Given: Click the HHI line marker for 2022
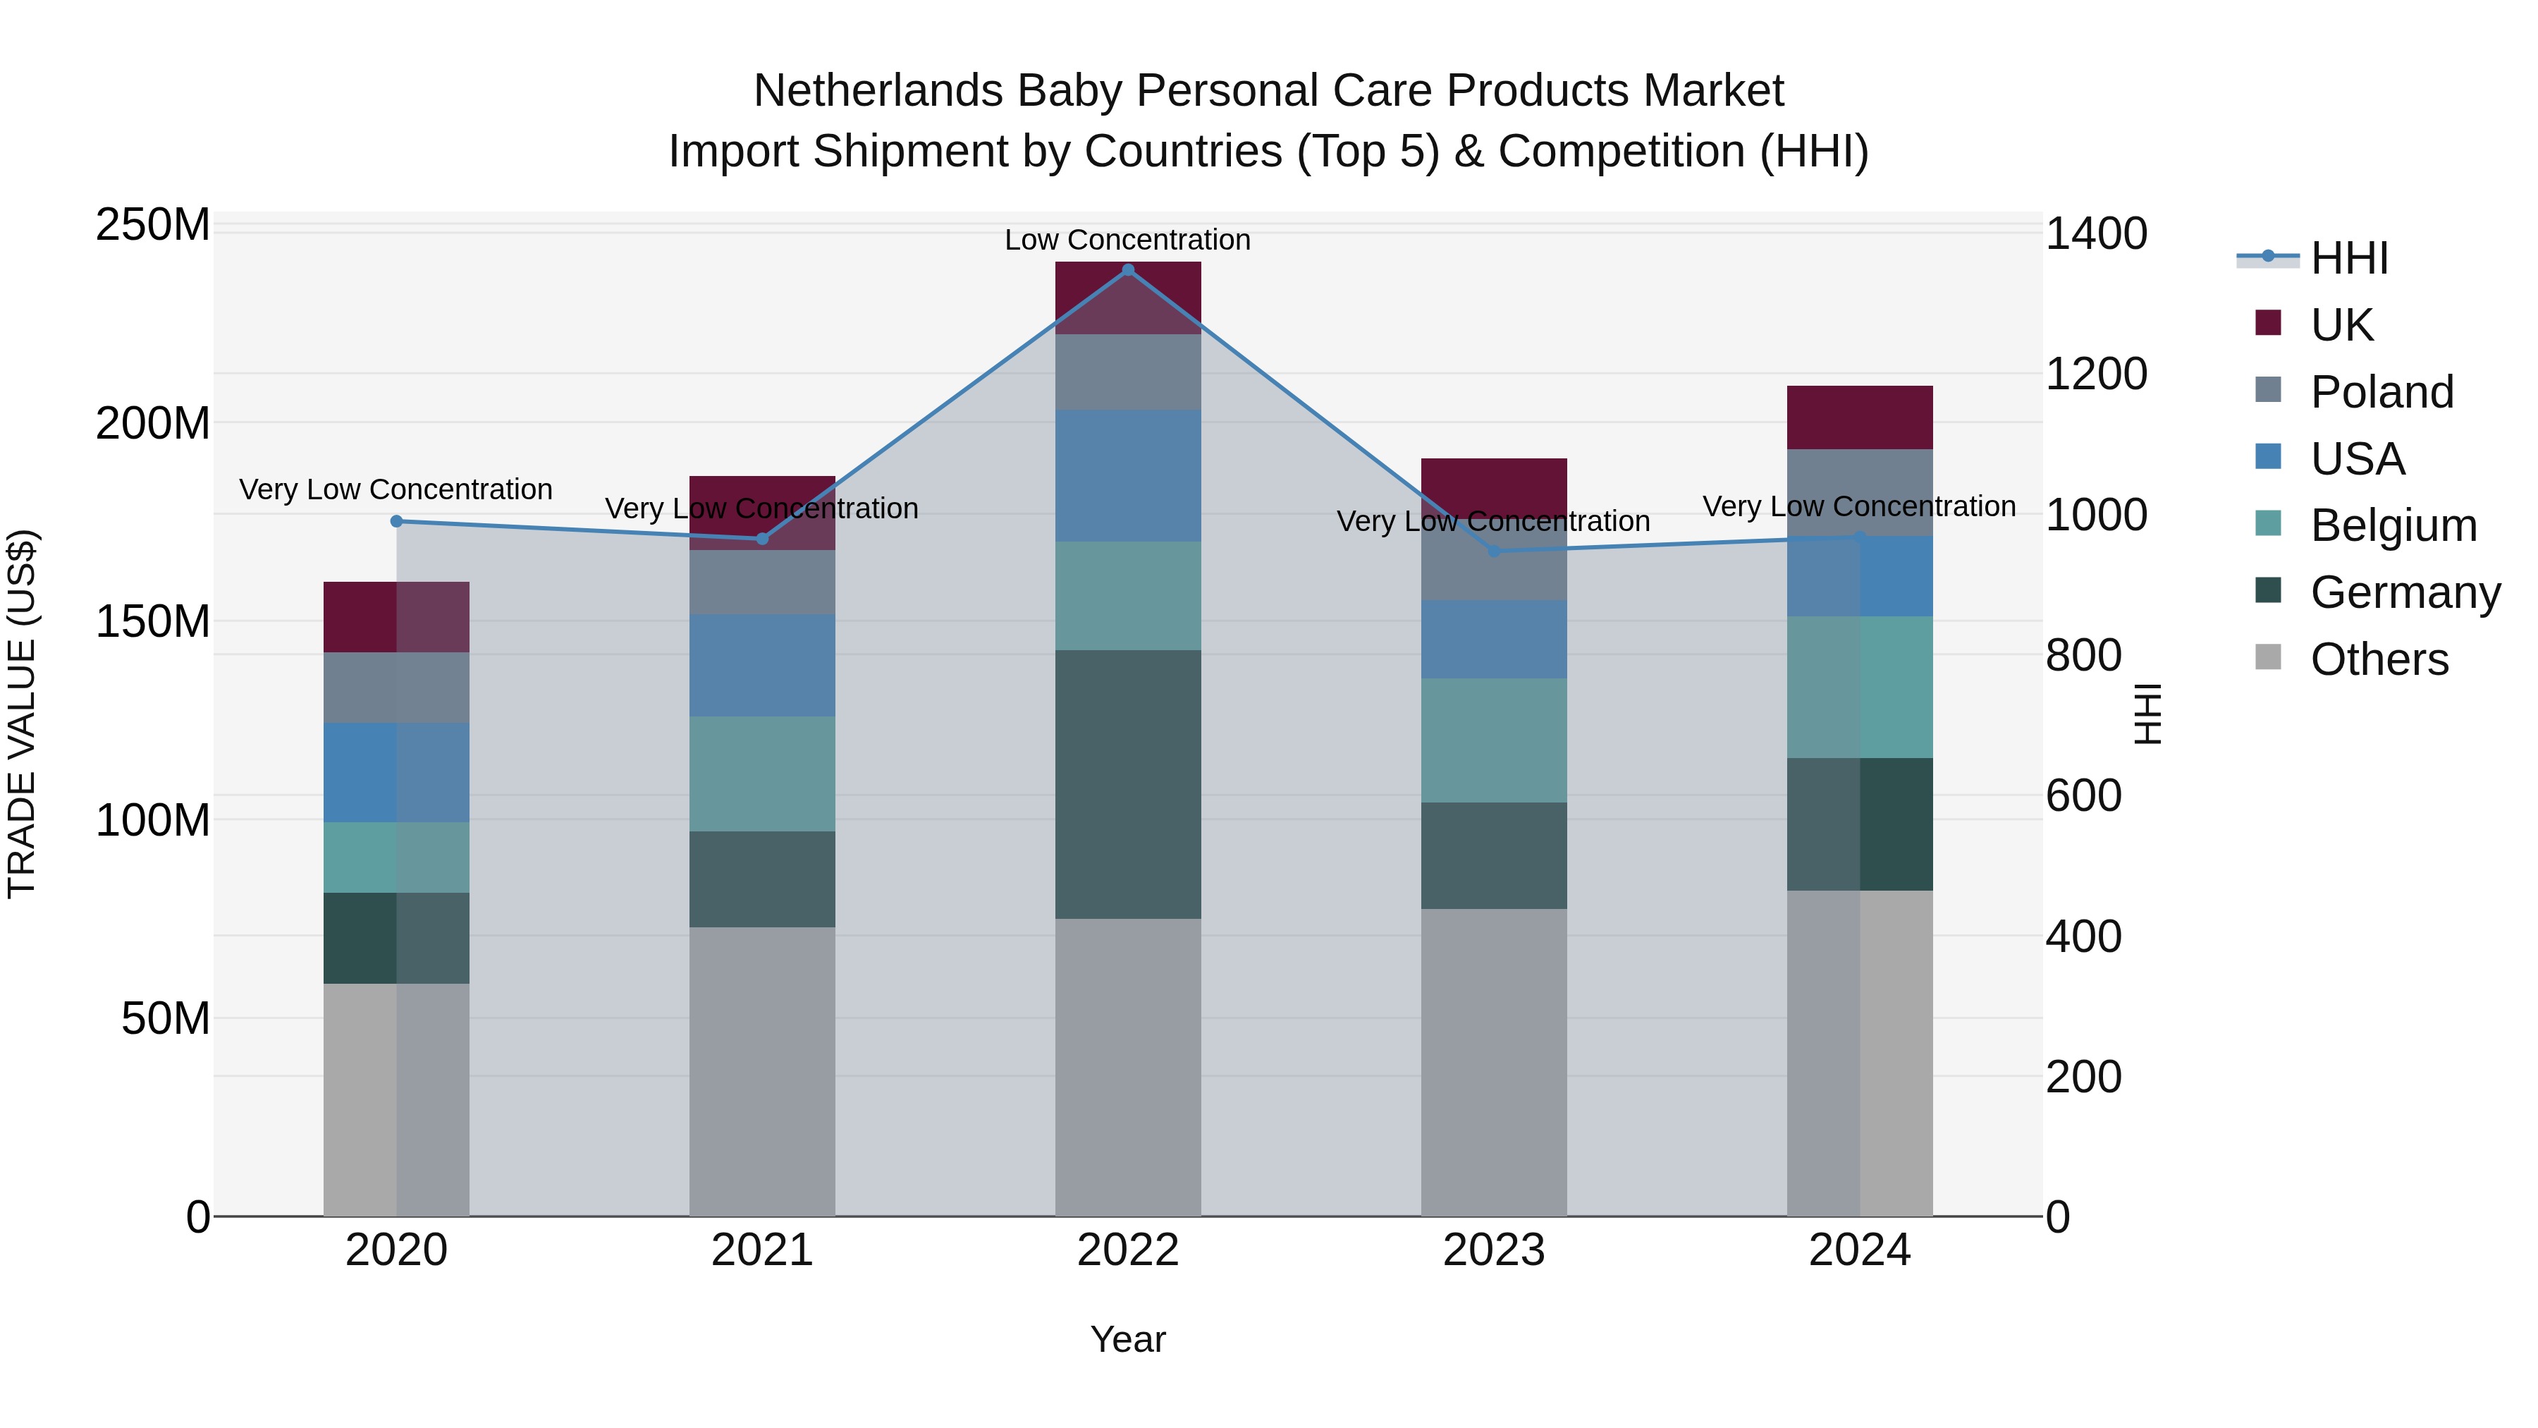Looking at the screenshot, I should pos(1128,270).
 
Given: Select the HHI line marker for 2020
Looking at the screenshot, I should pos(396,521).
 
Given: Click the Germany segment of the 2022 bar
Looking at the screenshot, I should pos(1128,784).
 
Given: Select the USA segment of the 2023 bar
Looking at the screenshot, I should pos(1494,639).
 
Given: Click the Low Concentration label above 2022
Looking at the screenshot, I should pos(1127,240).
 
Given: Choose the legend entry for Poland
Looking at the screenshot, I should pos(2381,392).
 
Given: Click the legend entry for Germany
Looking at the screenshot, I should pos(2404,592).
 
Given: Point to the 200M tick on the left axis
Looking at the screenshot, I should pos(153,424).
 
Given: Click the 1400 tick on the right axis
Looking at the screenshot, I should pos(2097,233).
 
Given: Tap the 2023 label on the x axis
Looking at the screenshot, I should pos(1494,1250).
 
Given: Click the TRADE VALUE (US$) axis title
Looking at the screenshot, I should pos(22,714).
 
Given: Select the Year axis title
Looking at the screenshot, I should pos(1127,1339).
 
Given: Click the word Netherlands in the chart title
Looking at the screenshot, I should pos(880,91).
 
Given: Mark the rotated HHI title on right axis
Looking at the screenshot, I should pos(2148,714).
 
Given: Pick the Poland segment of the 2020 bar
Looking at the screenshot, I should pos(396,687).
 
